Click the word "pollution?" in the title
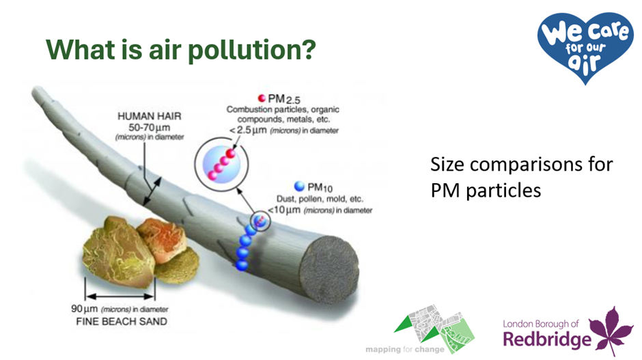coord(252,51)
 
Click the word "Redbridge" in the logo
coord(547,340)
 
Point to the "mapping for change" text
coord(404,349)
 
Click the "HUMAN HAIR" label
coord(150,116)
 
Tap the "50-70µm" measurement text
coord(150,127)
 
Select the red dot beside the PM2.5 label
coord(262,98)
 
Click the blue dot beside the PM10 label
coord(299,186)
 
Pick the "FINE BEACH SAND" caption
coord(122,322)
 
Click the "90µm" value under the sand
coord(84,309)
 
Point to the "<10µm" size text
coord(284,210)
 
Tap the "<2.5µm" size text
coord(248,130)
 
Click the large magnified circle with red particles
coord(221,164)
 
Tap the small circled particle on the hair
coord(260,221)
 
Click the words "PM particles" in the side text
coord(486,191)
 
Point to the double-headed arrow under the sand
coord(120,296)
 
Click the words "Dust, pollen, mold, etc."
coord(320,199)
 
